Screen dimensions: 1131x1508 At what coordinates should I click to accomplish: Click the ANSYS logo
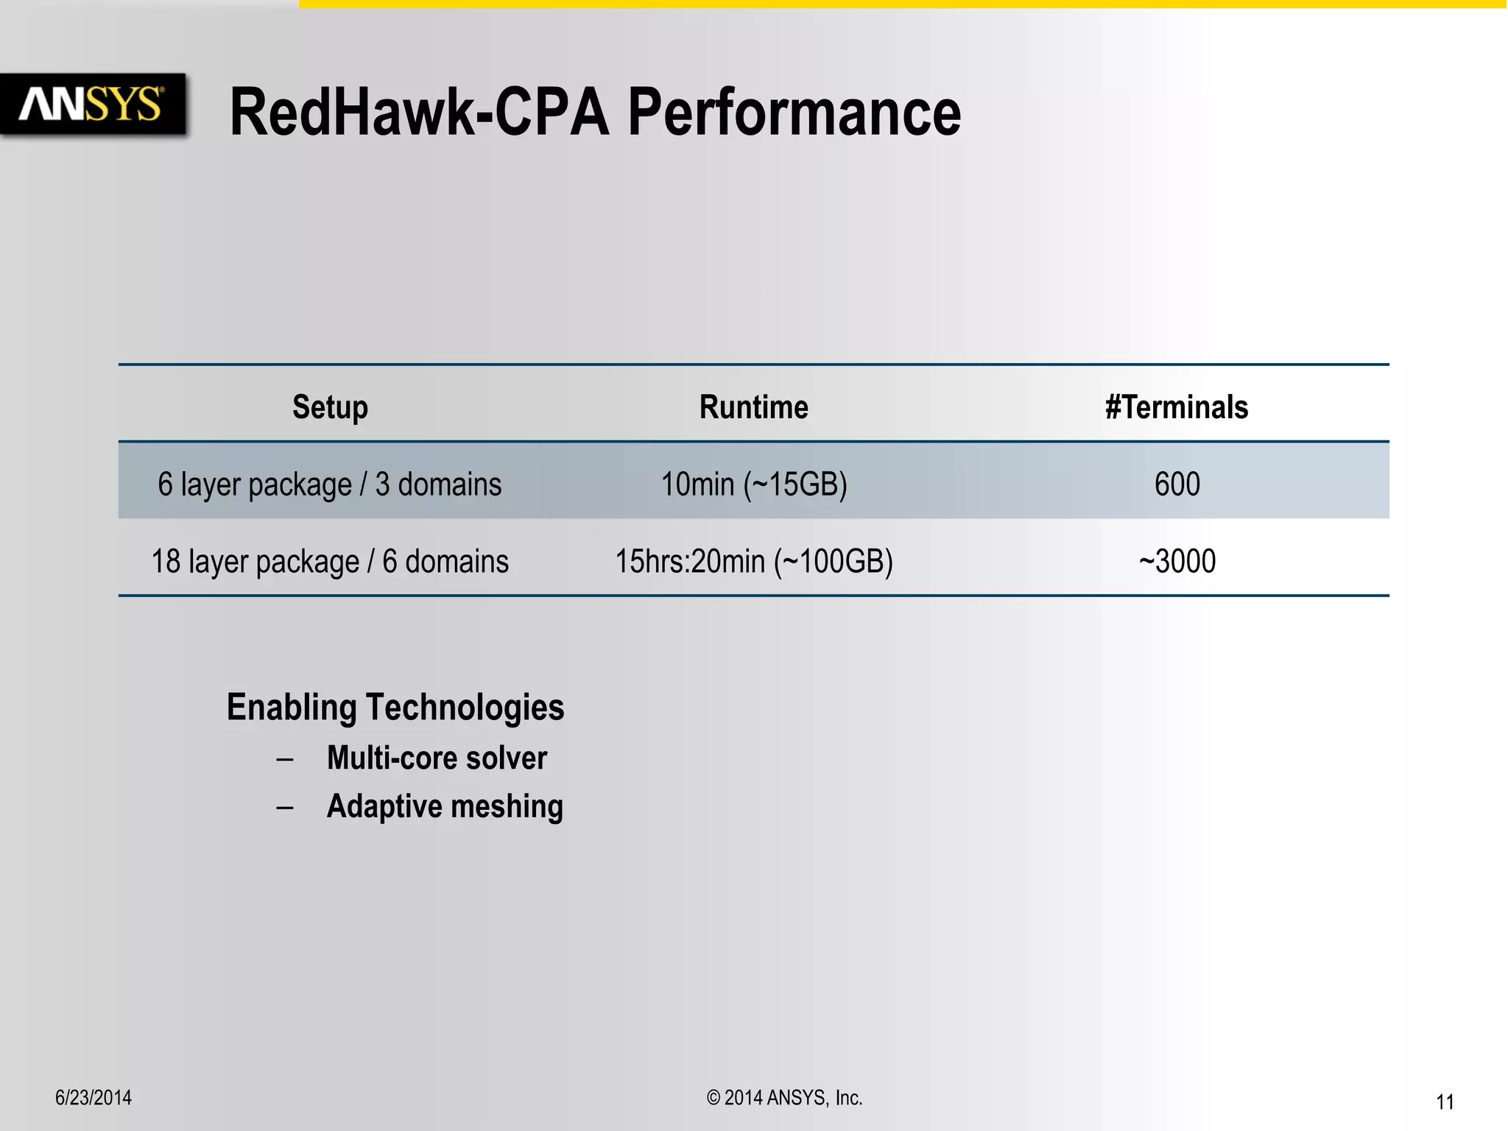[91, 104]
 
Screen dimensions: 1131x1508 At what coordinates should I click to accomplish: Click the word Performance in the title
[794, 113]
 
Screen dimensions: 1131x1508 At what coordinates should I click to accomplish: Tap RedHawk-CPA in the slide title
[419, 113]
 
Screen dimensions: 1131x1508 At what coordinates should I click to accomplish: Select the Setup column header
[330, 407]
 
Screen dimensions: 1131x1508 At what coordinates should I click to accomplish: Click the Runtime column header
[753, 407]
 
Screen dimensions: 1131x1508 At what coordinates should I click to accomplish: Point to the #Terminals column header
[1177, 407]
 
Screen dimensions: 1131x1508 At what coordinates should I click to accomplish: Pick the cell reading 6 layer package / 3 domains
[330, 485]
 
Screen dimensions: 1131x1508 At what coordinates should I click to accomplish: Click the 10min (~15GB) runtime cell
[754, 485]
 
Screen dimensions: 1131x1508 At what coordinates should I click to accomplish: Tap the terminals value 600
[1177, 485]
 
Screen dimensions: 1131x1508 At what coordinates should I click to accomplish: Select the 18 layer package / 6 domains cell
[330, 562]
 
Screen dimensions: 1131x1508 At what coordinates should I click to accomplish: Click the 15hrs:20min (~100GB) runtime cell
[754, 562]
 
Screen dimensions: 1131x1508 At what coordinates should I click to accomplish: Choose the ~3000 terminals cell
[1177, 562]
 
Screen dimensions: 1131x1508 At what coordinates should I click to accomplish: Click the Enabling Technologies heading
[395, 708]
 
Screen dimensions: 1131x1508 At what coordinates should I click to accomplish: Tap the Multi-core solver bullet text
[437, 758]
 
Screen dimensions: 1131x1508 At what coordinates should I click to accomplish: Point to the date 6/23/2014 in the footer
[94, 1098]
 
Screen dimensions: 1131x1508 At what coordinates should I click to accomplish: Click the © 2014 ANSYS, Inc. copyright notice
[784, 1098]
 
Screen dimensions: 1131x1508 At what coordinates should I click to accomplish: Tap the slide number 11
[1445, 1102]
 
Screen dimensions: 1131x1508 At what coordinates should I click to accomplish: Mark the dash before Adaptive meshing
[285, 808]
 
